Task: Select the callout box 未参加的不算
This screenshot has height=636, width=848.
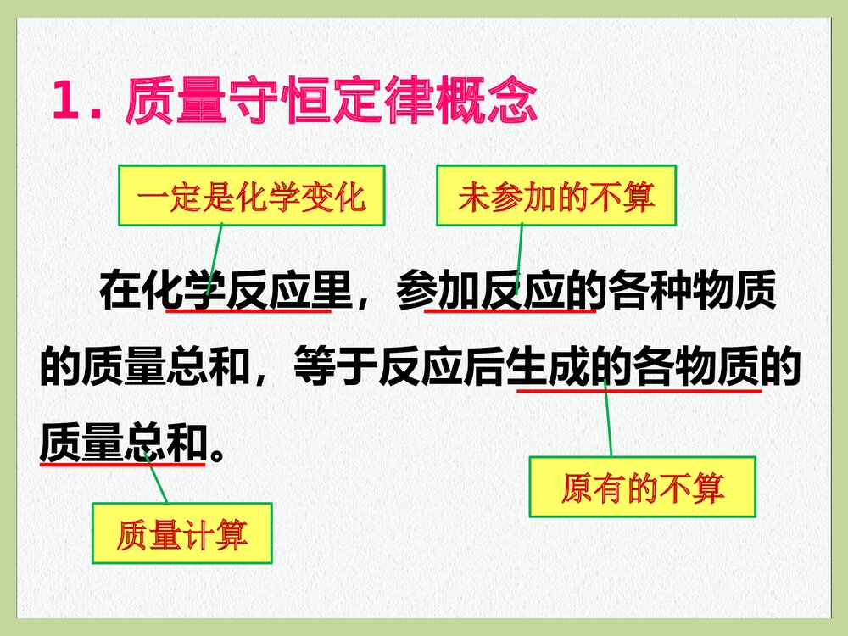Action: tap(557, 196)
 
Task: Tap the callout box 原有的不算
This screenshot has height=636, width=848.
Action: tap(642, 487)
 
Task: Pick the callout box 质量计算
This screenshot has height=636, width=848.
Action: tap(181, 533)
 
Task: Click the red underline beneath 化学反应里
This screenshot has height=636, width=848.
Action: tap(248, 311)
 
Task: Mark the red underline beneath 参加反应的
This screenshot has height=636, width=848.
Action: tap(509, 311)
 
